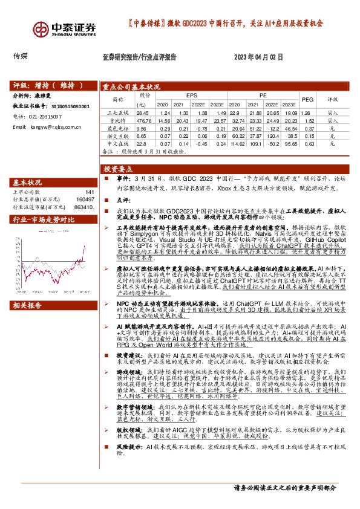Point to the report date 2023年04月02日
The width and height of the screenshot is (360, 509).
pyautogui.click(x=258, y=57)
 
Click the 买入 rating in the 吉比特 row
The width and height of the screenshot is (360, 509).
pyautogui.click(x=333, y=120)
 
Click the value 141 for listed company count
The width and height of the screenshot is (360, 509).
pyautogui.click(x=90, y=192)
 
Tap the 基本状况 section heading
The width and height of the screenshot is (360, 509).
pyautogui.click(x=28, y=182)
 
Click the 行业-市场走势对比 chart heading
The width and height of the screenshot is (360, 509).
pyautogui.click(x=43, y=220)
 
